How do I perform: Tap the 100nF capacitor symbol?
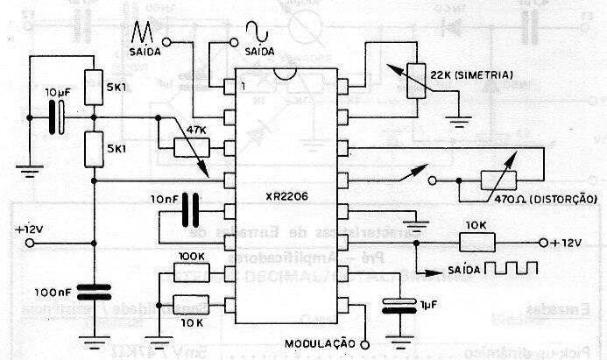[x=94, y=293]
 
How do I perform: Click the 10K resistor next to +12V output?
[x=474, y=243]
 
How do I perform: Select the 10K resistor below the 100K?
[x=191, y=304]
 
